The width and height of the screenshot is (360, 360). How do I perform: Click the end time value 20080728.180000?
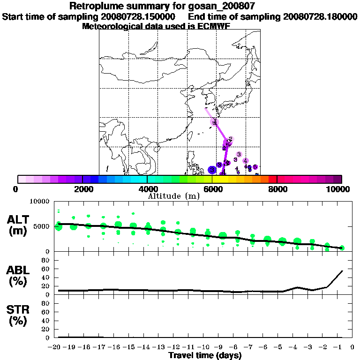pyautogui.click(x=321, y=17)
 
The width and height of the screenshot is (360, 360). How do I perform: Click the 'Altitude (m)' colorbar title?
pyautogui.click(x=173, y=195)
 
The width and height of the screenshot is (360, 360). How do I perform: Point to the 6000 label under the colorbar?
pyautogui.click(x=212, y=189)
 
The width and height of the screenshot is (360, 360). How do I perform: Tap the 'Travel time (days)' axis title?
pyautogui.click(x=205, y=356)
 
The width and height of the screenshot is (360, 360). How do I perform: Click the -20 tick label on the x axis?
pyautogui.click(x=56, y=347)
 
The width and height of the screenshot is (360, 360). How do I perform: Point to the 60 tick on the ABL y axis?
pyautogui.click(x=46, y=269)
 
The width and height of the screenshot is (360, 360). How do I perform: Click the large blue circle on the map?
pyautogui.click(x=212, y=170)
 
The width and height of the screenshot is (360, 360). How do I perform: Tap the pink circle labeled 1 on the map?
pyautogui.click(x=215, y=122)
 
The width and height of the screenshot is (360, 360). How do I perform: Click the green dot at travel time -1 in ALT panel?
pyautogui.click(x=342, y=247)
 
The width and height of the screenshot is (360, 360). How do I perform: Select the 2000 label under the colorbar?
pyautogui.click(x=82, y=189)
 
